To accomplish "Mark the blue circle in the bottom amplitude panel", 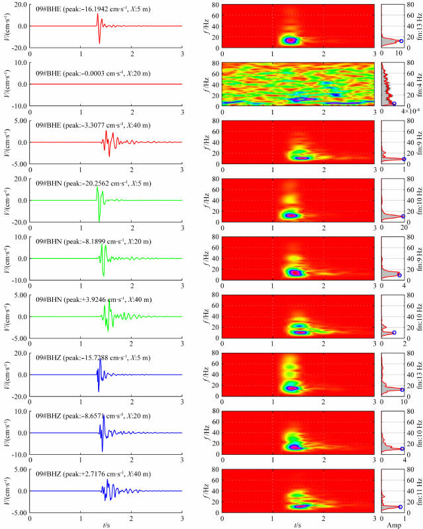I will [x=400, y=507].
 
